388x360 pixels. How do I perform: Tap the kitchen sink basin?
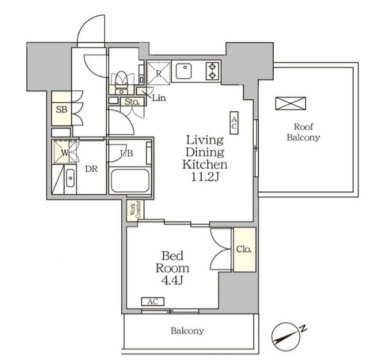point(183,71)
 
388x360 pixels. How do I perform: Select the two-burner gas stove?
point(212,71)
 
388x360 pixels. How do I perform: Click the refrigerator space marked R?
point(159,73)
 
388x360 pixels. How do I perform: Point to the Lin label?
point(159,98)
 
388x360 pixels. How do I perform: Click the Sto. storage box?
point(132,102)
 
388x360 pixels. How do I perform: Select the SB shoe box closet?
point(62,109)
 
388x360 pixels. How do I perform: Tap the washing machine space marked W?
point(62,152)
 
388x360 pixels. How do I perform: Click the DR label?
point(92,169)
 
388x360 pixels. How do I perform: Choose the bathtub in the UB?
point(130,180)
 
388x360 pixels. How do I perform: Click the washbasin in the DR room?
point(70,177)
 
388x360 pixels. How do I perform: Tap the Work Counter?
point(136,210)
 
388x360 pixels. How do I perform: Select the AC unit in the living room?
point(234,123)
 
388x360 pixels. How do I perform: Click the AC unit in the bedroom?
point(153,302)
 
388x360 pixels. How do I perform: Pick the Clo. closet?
point(245,250)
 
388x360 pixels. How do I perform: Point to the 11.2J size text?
point(205,177)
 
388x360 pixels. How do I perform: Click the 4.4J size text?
point(172,280)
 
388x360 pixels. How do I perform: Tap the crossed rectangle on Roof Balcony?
point(291,103)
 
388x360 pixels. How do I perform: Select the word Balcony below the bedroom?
point(187,331)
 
